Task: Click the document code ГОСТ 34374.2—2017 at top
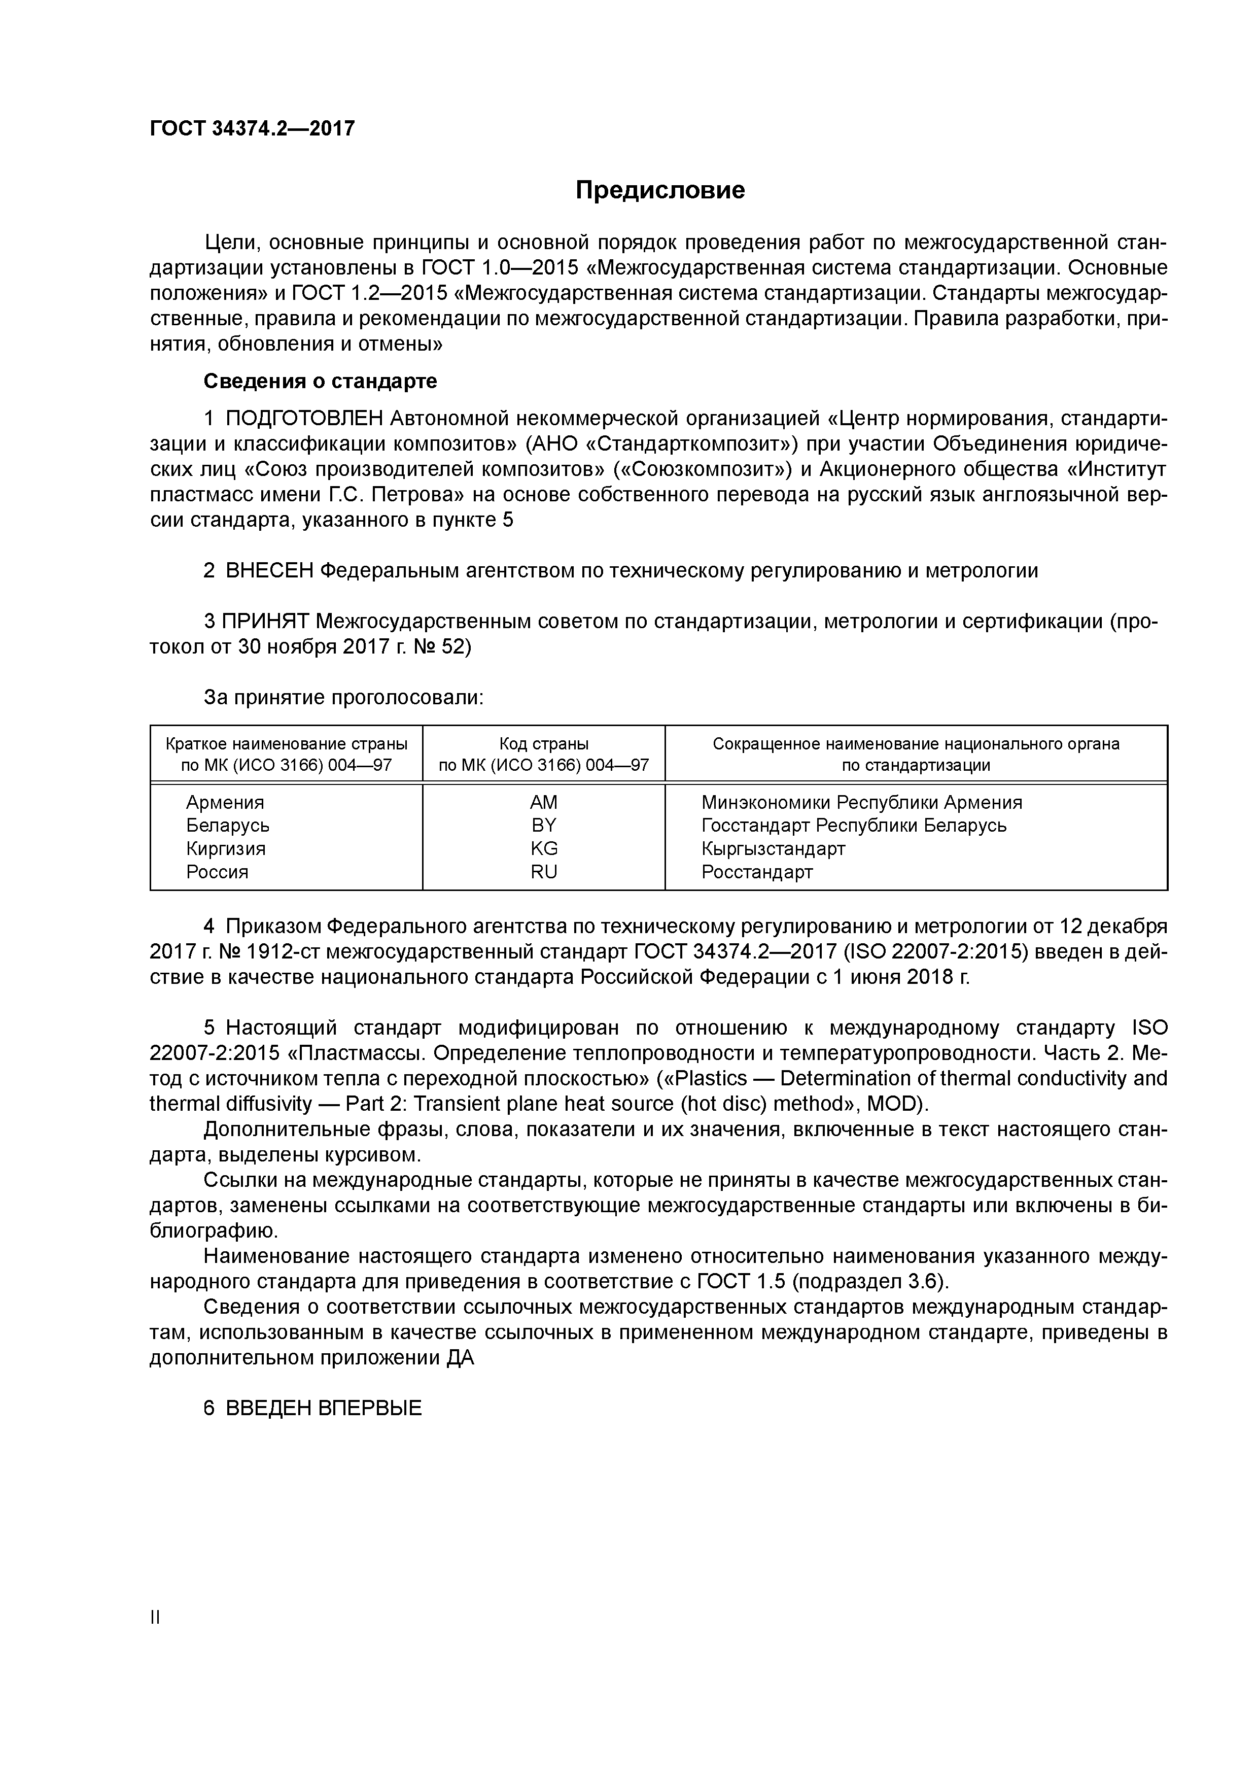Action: [x=252, y=129]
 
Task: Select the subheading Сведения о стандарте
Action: [x=320, y=382]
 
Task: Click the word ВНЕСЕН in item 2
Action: [x=269, y=571]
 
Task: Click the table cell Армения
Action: [x=225, y=802]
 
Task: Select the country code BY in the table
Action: [x=543, y=825]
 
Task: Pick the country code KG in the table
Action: [x=543, y=848]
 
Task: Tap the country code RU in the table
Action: [x=543, y=871]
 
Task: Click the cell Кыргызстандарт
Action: [x=773, y=848]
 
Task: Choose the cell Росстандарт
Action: [x=756, y=871]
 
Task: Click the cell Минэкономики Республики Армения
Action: [x=861, y=802]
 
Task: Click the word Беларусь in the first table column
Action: [x=228, y=825]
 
